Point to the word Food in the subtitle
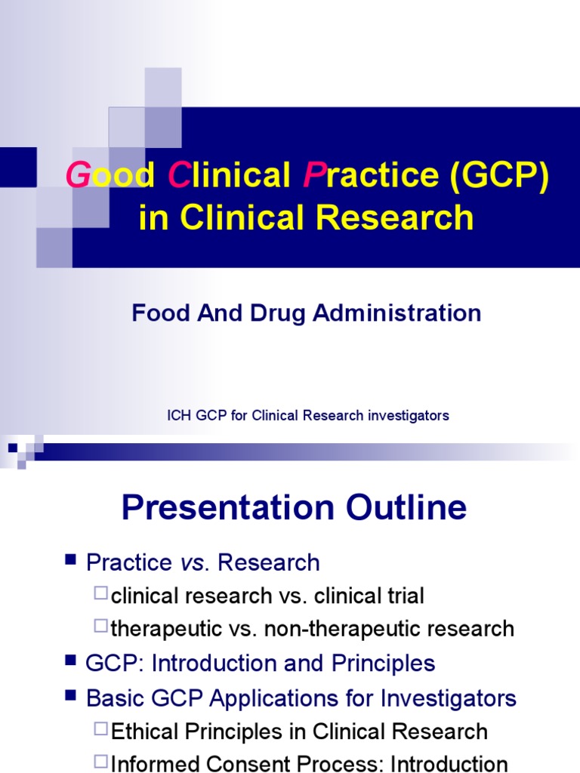[156, 313]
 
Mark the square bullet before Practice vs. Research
[71, 560]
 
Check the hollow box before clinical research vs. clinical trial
[101, 594]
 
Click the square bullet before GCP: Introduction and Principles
[71, 661]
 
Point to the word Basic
[113, 698]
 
